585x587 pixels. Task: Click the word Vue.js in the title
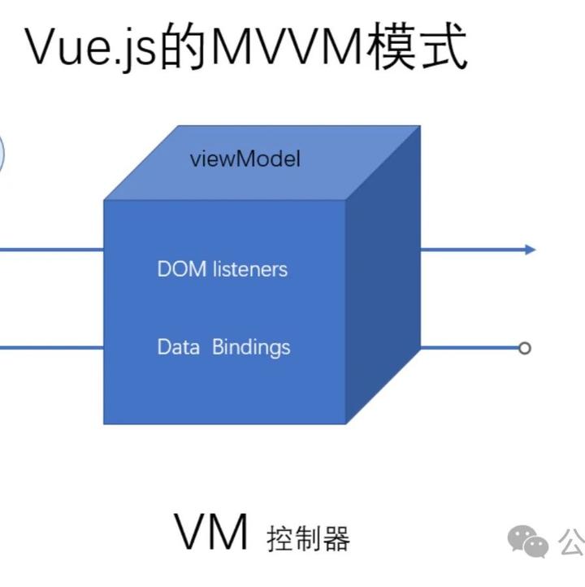coord(89,47)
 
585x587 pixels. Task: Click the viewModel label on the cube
coord(245,159)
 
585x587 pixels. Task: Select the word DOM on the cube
coord(181,268)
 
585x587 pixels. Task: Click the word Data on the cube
coord(178,347)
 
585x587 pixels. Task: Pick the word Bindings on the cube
coord(251,348)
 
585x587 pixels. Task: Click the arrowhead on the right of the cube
coord(531,250)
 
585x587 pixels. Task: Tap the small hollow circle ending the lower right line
coord(525,348)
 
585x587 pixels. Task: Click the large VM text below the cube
coord(210,533)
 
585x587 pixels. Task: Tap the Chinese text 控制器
coord(308,539)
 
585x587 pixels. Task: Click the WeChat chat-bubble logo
coord(528,541)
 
